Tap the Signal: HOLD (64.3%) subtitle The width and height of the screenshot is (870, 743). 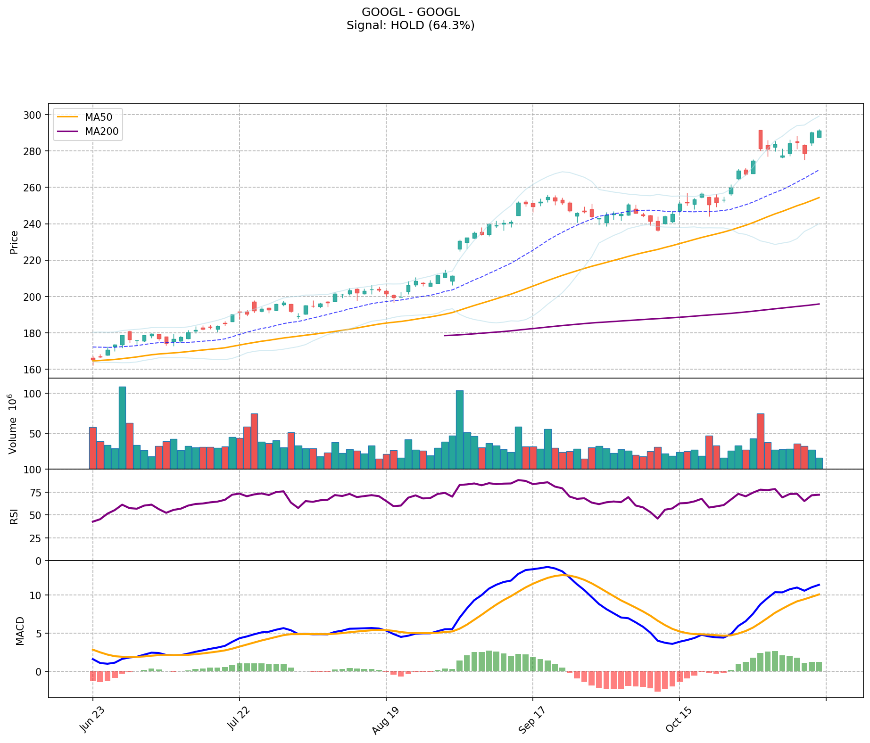tap(410, 25)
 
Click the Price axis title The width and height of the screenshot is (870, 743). tap(14, 242)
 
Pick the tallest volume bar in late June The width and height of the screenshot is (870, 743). tap(122, 427)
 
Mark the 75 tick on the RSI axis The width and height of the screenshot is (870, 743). tap(36, 492)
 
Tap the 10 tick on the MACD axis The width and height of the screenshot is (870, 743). tap(36, 595)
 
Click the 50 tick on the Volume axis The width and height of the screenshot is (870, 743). tap(36, 433)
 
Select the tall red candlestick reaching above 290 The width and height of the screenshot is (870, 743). tap(760, 140)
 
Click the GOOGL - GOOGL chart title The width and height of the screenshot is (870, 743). tap(410, 12)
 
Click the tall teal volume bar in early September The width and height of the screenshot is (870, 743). tap(460, 429)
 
